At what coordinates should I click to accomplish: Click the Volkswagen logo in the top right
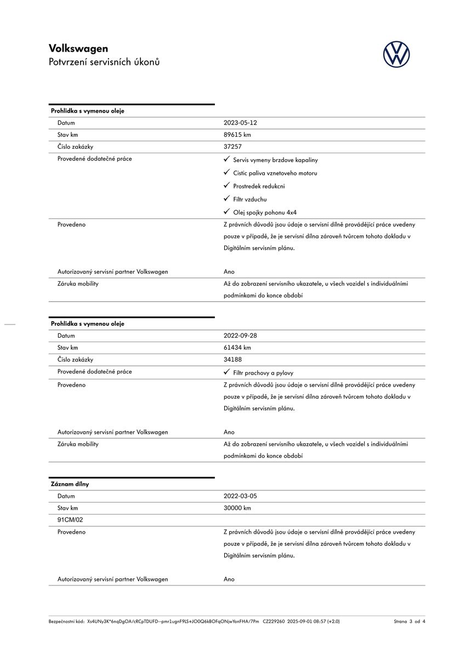coord(396,55)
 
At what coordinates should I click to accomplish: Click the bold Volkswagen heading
coord(78,48)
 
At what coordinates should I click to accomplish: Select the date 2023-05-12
coord(240,123)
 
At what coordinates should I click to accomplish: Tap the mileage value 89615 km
coord(237,135)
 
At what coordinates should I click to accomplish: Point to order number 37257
coord(232,147)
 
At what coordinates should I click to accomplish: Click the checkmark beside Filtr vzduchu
coord(226,199)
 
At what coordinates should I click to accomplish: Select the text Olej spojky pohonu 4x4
coord(265,213)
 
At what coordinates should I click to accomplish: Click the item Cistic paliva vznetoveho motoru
coord(275,174)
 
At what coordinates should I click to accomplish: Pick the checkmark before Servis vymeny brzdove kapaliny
coord(226,159)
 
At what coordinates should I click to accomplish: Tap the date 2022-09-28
coord(240,336)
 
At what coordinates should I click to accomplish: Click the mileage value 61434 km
coord(237,348)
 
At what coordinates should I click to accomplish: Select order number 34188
coord(232,360)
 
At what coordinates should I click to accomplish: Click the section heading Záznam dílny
coord(70,484)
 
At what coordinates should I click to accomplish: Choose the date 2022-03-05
coord(240,496)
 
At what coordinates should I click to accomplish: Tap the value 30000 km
coord(237,509)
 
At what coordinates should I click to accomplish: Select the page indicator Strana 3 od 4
coord(409,622)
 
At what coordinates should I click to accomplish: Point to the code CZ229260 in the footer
coord(274,622)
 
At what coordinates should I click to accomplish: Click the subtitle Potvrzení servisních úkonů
coord(104,62)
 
